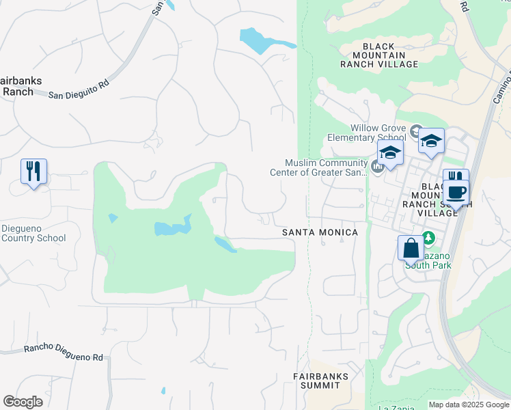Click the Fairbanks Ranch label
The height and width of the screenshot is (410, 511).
point(20,86)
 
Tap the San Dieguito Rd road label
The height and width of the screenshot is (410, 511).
point(79,89)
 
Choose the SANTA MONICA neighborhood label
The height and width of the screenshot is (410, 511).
point(320,233)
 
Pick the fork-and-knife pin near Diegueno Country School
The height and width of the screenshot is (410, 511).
point(33,171)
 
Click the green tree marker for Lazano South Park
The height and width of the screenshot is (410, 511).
point(428,238)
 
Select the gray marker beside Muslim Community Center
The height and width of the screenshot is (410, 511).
point(378,165)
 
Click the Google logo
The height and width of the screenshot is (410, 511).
point(23,402)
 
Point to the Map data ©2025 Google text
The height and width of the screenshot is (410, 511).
point(468,405)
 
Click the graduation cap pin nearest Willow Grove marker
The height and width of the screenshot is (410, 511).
point(431,141)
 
